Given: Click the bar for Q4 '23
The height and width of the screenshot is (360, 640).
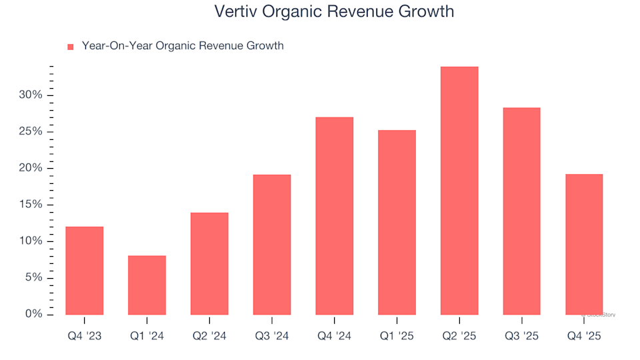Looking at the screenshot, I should (85, 270).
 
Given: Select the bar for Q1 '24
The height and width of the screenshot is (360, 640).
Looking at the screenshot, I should (147, 285).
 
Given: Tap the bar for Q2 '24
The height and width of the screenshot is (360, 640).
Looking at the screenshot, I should (209, 263).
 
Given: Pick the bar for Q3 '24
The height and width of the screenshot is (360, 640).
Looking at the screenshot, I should (271, 244).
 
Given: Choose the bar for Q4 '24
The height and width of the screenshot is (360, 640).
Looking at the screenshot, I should (334, 215).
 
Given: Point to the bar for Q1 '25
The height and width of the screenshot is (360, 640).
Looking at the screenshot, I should (397, 222).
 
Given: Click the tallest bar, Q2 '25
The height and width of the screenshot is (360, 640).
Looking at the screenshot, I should (459, 190).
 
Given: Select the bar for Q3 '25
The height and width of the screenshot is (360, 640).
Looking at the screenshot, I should (521, 211).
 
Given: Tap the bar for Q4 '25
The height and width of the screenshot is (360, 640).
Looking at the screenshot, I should (584, 244).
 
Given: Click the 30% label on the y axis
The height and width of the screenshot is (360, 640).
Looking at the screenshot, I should (31, 95).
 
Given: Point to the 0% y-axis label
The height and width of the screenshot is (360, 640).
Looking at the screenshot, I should (34, 314).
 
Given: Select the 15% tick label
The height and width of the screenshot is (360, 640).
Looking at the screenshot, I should (31, 204).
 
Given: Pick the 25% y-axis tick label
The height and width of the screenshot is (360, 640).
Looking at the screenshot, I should (31, 131).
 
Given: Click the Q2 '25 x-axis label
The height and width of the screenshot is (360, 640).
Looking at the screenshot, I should (459, 336).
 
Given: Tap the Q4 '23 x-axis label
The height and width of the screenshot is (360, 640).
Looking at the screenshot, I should (85, 336).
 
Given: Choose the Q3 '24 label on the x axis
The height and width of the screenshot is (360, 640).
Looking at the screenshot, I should (271, 336).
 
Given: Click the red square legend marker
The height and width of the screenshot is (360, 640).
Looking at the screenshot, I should (71, 47).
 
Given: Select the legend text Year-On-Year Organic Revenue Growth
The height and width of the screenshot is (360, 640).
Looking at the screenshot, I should (182, 46).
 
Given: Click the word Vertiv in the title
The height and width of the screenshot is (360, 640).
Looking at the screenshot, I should (236, 11).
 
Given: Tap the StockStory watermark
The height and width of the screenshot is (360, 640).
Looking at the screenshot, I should (600, 314).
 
